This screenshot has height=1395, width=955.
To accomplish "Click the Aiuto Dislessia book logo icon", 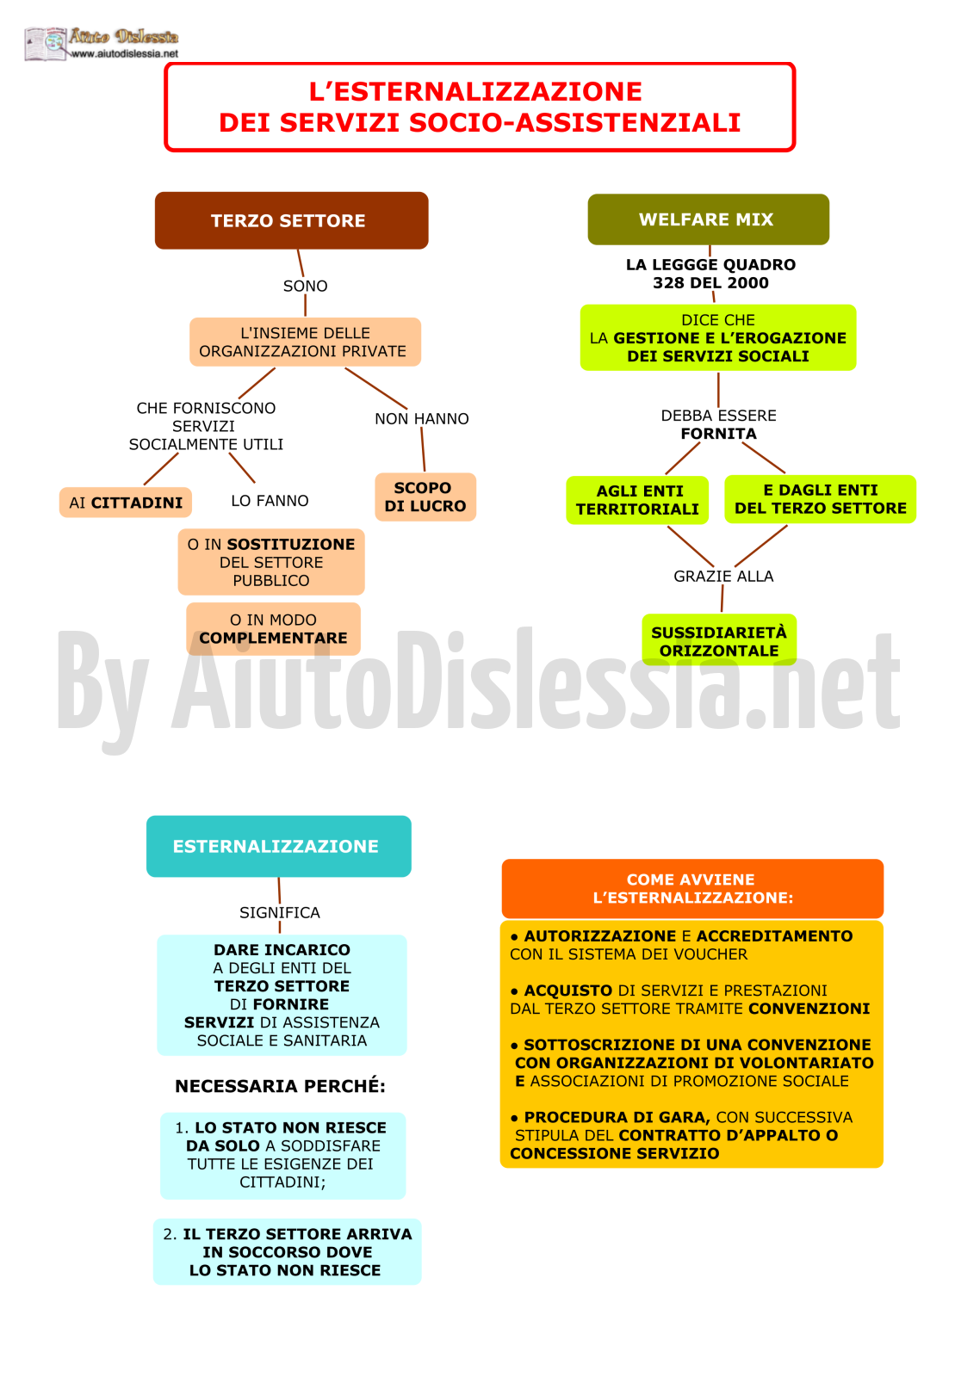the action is pyautogui.click(x=45, y=44).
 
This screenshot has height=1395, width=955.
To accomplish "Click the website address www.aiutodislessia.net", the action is pyautogui.click(x=125, y=54).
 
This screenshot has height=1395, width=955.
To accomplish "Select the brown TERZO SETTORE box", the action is pyautogui.click(x=291, y=220).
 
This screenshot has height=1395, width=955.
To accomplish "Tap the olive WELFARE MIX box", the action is pyautogui.click(x=708, y=219).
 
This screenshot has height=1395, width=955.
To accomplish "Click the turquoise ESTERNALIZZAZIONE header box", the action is pyautogui.click(x=279, y=846).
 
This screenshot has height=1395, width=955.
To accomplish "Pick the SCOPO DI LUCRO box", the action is pyautogui.click(x=425, y=497).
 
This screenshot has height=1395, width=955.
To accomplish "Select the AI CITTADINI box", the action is pyautogui.click(x=126, y=503).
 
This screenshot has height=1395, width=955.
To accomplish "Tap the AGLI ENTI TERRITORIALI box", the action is pyautogui.click(x=637, y=500).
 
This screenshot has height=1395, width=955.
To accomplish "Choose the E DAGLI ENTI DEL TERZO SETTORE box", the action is pyautogui.click(x=821, y=499).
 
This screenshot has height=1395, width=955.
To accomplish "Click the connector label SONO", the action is pyautogui.click(x=306, y=286).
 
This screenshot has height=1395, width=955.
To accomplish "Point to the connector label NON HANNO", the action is pyautogui.click(x=422, y=418).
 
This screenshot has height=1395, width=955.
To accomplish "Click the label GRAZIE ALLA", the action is pyautogui.click(x=723, y=576).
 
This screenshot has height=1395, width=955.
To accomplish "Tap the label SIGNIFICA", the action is pyautogui.click(x=280, y=912).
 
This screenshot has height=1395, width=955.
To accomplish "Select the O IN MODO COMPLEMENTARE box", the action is pyautogui.click(x=274, y=629).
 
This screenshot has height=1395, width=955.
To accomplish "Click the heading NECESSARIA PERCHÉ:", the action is pyautogui.click(x=281, y=1086).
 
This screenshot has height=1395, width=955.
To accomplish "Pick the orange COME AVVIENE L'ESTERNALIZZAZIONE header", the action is pyautogui.click(x=692, y=889).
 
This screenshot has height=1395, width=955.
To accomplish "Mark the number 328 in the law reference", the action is pyautogui.click(x=669, y=283).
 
